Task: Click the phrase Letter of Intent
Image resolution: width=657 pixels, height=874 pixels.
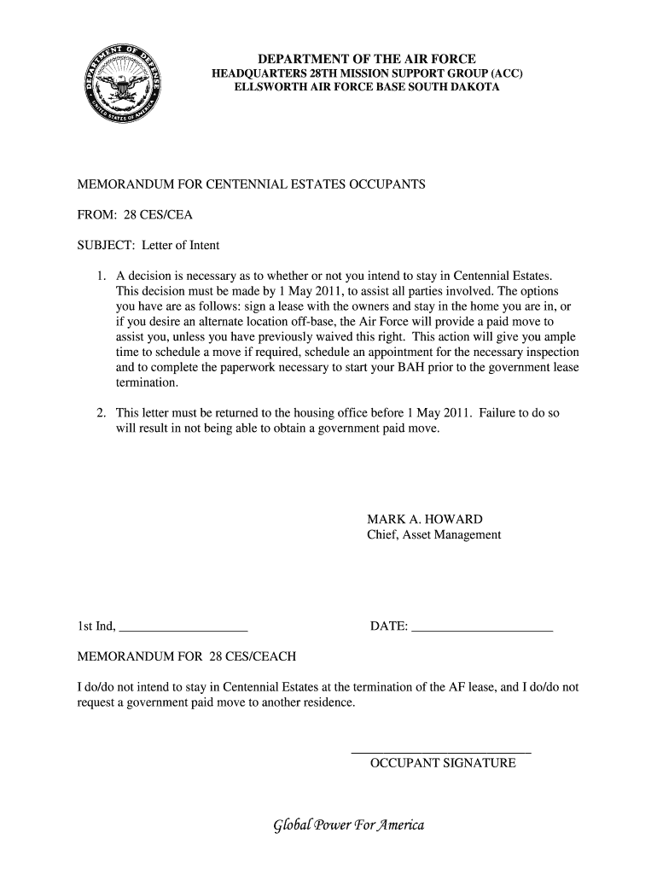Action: [x=181, y=245]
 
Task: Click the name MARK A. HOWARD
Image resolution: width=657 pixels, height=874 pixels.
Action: [x=424, y=519]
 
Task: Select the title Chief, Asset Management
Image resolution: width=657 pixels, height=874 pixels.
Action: [x=433, y=535]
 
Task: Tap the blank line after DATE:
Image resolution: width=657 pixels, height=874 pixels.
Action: [x=482, y=630]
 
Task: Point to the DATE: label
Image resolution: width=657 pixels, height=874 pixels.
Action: [x=388, y=628]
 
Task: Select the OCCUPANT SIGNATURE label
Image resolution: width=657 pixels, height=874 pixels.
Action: [x=442, y=763]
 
